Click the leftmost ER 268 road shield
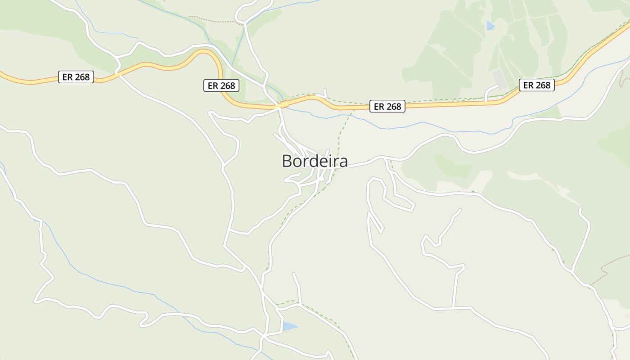pos(76,77)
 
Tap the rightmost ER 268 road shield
pos(536,85)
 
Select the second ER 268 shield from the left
pos(221,85)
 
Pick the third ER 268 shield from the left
pos(387,107)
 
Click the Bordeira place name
pos(315,161)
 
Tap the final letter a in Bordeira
pos(343,162)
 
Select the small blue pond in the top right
pos(490,26)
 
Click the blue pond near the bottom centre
pos(289,326)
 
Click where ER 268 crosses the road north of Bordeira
pos(282,105)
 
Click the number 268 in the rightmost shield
pos(543,85)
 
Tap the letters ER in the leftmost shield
pos(67,77)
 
